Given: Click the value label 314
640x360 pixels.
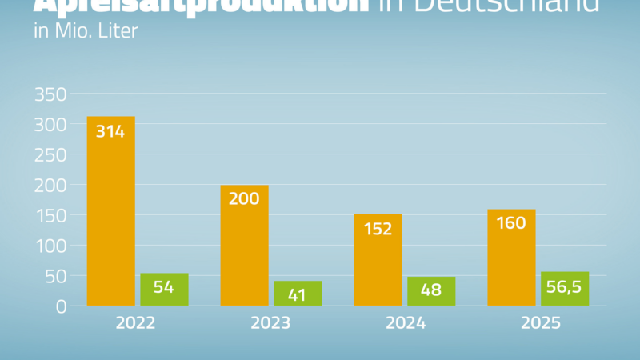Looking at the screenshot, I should pyautogui.click(x=110, y=131).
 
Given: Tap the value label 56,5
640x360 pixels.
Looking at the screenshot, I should pyautogui.click(x=565, y=287).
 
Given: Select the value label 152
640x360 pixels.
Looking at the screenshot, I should pyautogui.click(x=378, y=229).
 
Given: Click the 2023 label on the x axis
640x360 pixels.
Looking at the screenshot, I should pyautogui.click(x=270, y=324).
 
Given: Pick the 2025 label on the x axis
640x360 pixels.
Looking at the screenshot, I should pyautogui.click(x=538, y=324).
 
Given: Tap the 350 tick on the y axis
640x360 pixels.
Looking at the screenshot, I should pyautogui.click(x=50, y=94).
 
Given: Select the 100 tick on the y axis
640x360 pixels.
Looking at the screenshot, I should pyautogui.click(x=50, y=246).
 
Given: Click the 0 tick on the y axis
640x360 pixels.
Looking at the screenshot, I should pyautogui.click(x=59, y=306).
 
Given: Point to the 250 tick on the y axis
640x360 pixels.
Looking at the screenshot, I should pyautogui.click(x=50, y=155).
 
